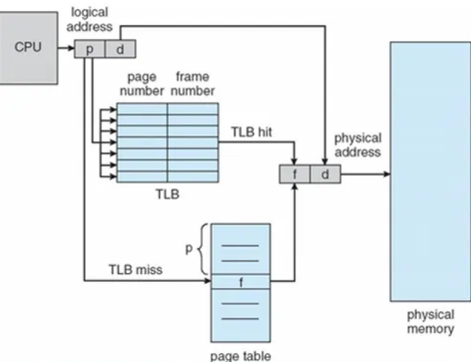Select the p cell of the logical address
pos(90,49)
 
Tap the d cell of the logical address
pos(119,49)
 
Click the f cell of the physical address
pos(294,174)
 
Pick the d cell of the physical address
pos(325,174)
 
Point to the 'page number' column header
pos(145,84)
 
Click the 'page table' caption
pos(240,355)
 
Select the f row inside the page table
pos(240,282)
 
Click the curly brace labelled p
pos(202,250)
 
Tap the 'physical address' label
pos(358,145)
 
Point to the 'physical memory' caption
pos(431,322)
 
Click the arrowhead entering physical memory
pos(386,175)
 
